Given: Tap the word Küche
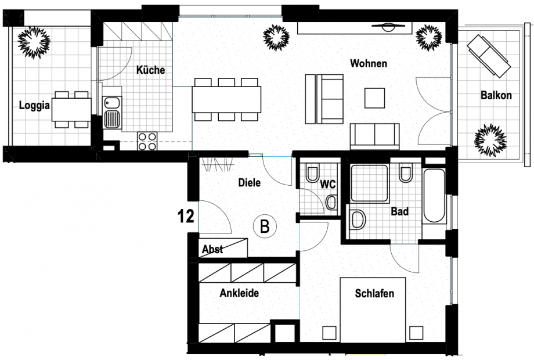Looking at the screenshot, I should (150, 70).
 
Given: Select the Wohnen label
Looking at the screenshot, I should (368, 63).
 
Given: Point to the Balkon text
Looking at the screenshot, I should (496, 95).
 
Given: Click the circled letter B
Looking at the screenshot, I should (265, 226).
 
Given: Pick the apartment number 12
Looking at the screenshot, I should (186, 217).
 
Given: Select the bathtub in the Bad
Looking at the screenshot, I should (434, 196).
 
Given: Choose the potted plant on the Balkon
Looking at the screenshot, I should (490, 139).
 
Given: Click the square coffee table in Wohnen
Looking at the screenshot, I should (374, 97).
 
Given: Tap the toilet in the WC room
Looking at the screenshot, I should (312, 174).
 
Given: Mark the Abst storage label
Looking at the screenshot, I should (212, 250).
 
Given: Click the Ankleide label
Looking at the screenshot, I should (239, 293).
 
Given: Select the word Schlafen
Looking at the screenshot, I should (374, 293).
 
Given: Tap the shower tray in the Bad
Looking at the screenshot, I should (369, 183).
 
